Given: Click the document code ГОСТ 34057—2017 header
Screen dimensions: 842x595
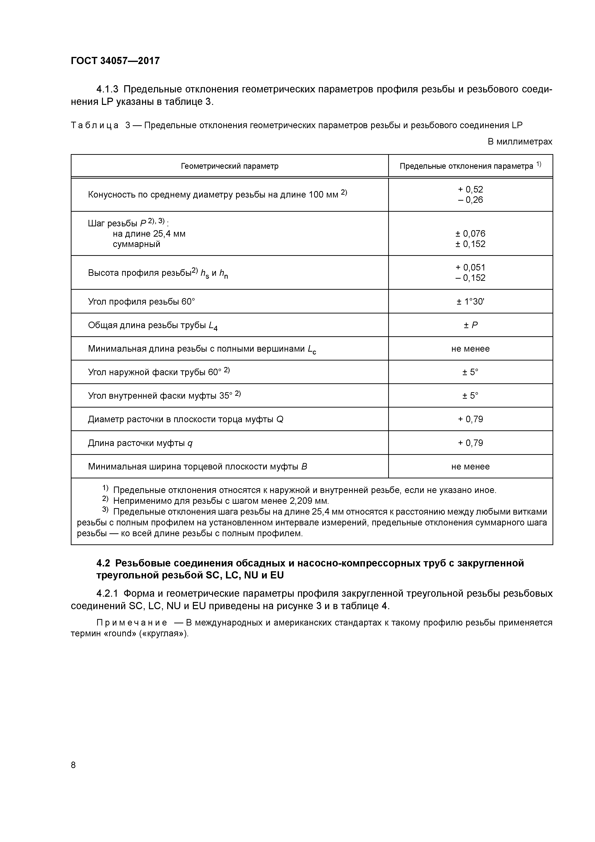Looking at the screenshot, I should (115, 60).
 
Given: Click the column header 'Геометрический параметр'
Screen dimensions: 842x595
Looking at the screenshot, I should (230, 166).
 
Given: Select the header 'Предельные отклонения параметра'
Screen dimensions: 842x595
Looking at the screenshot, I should (466, 166).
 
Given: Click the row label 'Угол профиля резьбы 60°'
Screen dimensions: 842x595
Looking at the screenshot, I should (142, 301).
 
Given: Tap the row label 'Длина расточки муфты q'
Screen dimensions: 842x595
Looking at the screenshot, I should (140, 443).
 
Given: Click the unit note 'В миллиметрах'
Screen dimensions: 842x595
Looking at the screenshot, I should (519, 142).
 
